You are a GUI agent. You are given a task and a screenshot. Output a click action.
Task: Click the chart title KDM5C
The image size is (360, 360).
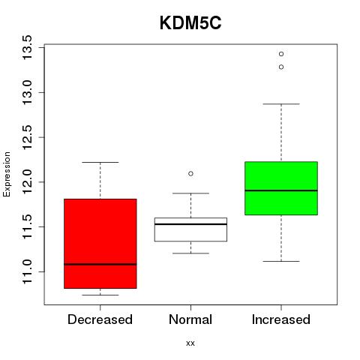click(x=190, y=23)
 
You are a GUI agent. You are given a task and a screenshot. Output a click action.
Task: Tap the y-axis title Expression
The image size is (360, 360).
click(x=7, y=174)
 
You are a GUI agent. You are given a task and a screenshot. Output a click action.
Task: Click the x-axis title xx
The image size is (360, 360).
click(x=190, y=343)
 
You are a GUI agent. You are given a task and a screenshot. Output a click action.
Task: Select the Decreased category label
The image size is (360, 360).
click(x=100, y=319)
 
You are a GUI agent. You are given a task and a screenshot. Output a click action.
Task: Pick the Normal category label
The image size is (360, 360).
click(x=190, y=319)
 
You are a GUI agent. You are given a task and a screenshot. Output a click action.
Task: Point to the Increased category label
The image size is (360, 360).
click(x=281, y=319)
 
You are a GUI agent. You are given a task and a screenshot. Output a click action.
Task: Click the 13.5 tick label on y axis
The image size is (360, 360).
click(x=27, y=47)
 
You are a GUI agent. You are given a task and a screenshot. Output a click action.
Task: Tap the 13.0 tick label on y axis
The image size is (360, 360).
click(x=27, y=92)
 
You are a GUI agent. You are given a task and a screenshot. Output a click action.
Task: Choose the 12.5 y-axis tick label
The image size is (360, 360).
click(x=27, y=137)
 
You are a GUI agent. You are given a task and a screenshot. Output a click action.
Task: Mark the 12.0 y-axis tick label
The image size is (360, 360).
click(x=27, y=182)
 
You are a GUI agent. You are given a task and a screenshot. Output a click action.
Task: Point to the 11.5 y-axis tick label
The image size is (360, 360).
click(x=27, y=226)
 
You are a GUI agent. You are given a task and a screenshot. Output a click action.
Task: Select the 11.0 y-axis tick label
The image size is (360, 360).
click(x=27, y=271)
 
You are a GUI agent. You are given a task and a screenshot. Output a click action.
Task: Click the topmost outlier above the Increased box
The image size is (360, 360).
click(x=281, y=54)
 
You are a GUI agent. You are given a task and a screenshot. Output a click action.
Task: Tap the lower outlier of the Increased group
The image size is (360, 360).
click(x=281, y=67)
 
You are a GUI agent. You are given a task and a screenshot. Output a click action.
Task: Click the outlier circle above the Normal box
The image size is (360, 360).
click(x=190, y=173)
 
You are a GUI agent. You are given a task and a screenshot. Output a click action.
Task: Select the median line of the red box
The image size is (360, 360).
click(x=100, y=264)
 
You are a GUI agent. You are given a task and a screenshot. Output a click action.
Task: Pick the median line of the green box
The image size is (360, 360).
click(x=281, y=190)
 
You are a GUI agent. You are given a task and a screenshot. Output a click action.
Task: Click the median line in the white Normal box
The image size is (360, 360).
click(x=190, y=224)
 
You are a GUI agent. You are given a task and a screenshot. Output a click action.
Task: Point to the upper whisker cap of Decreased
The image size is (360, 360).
click(x=100, y=162)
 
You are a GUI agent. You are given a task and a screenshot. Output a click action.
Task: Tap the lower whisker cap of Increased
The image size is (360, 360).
click(x=281, y=261)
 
